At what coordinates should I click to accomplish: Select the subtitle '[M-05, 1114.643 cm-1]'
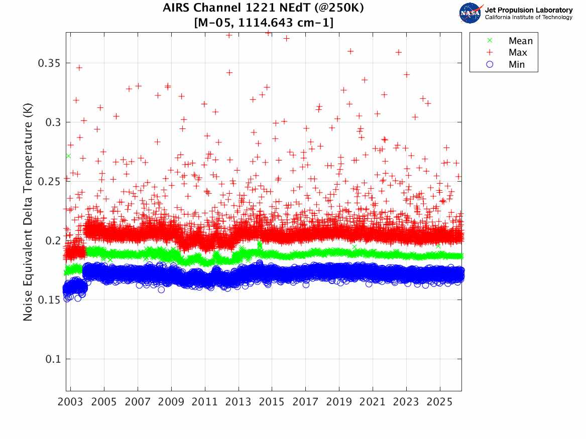pos(263,23)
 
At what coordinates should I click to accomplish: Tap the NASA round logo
pos(471,13)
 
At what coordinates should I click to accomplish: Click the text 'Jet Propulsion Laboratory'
pos(528,10)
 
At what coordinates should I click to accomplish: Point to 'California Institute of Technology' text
pos(528,18)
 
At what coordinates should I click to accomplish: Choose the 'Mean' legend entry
pos(520,41)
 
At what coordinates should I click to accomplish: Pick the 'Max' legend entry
pos(518,53)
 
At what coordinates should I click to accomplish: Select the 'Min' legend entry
pos(517,65)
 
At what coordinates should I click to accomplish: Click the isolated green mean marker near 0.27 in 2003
pos(68,156)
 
